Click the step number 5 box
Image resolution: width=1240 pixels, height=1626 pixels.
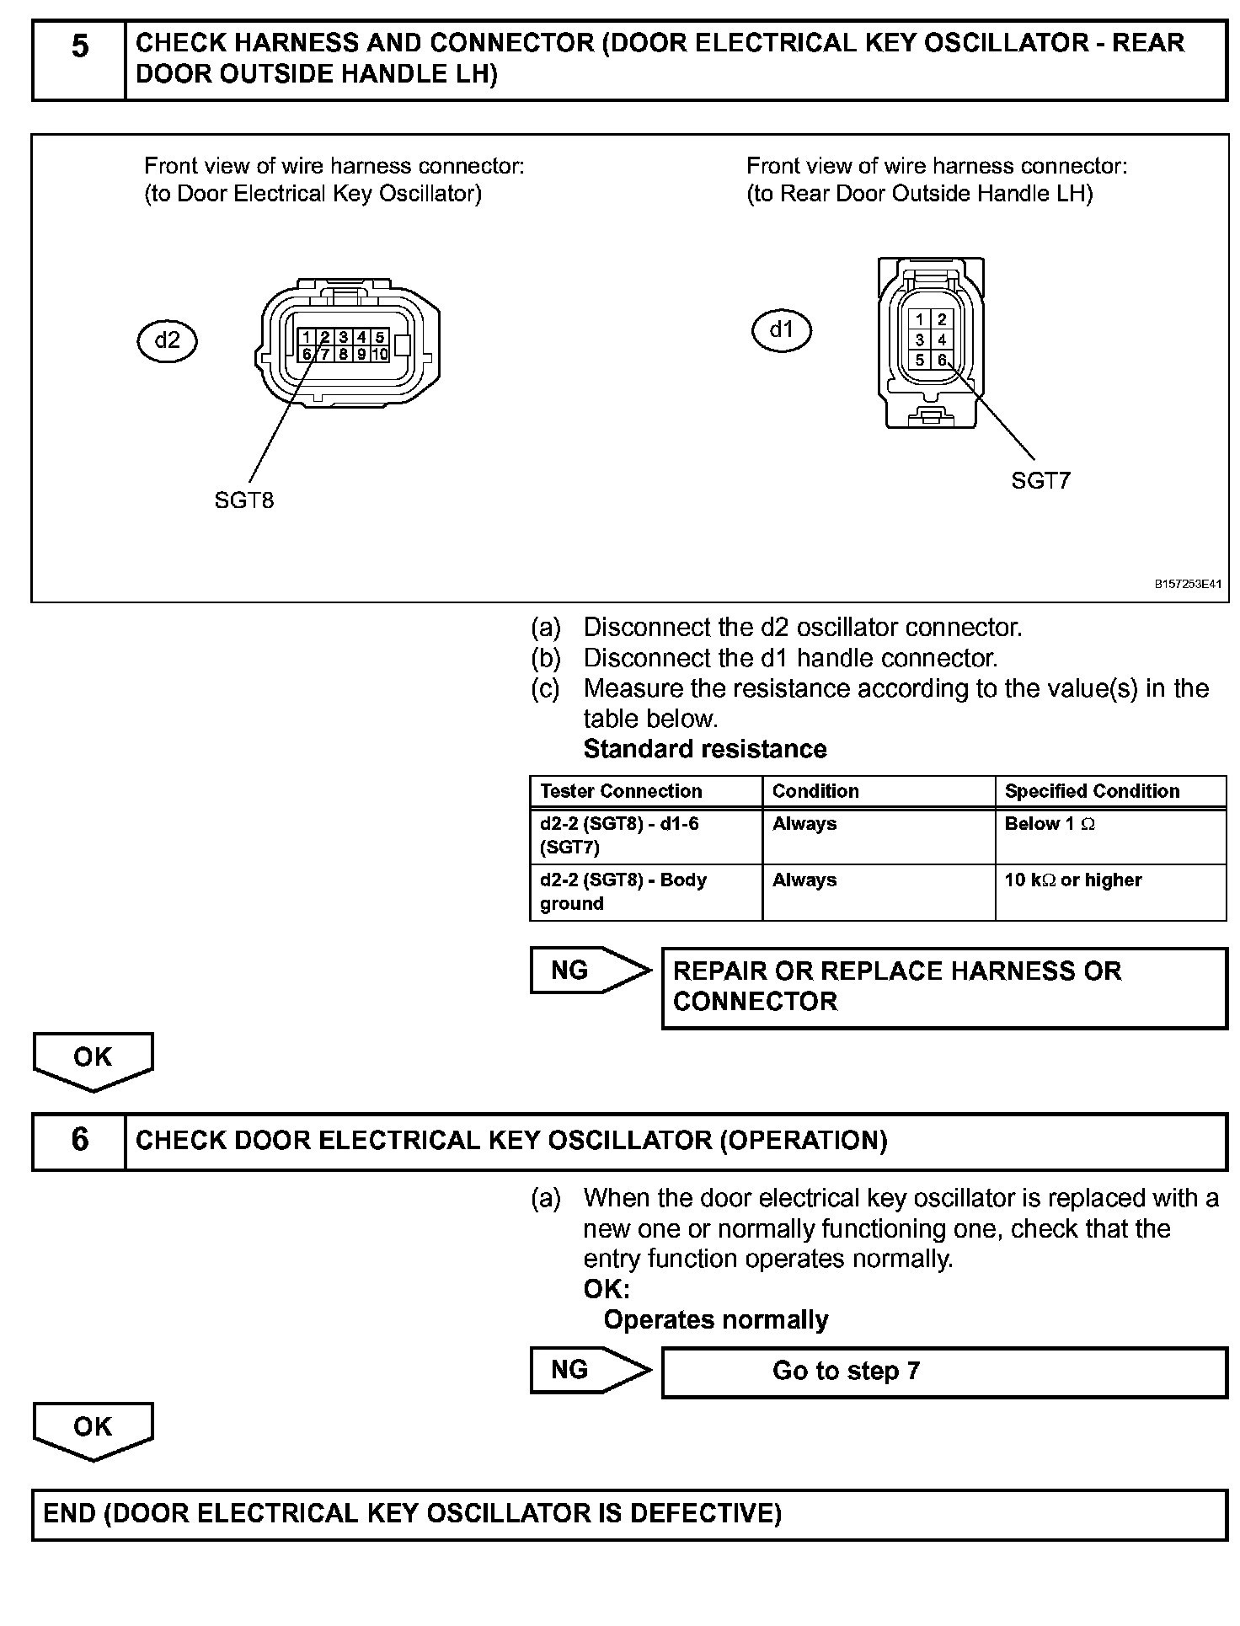click(79, 61)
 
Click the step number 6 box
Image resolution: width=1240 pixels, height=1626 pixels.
click(79, 1142)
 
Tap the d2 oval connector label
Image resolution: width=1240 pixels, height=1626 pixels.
click(167, 340)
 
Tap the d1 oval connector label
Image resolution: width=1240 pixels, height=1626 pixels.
click(782, 330)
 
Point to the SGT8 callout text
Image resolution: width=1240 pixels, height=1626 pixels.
click(244, 500)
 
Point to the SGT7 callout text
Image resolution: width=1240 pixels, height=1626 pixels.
click(1040, 481)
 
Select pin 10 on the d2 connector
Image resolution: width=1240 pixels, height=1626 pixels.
click(380, 355)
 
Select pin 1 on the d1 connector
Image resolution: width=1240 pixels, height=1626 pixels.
click(920, 319)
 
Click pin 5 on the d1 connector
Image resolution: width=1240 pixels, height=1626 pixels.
click(920, 361)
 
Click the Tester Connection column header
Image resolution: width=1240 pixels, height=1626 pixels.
click(622, 791)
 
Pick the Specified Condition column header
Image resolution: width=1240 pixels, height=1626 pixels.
click(1092, 791)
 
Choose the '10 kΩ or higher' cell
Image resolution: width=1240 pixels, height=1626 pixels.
click(1073, 880)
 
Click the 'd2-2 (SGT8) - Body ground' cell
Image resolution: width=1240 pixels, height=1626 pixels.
click(623, 891)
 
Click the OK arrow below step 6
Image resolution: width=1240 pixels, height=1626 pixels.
click(93, 1430)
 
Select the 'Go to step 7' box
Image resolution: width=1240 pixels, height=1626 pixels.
click(943, 1372)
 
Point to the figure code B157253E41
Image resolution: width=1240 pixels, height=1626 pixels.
click(1188, 584)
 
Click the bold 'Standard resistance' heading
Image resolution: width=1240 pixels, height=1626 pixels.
click(705, 749)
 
